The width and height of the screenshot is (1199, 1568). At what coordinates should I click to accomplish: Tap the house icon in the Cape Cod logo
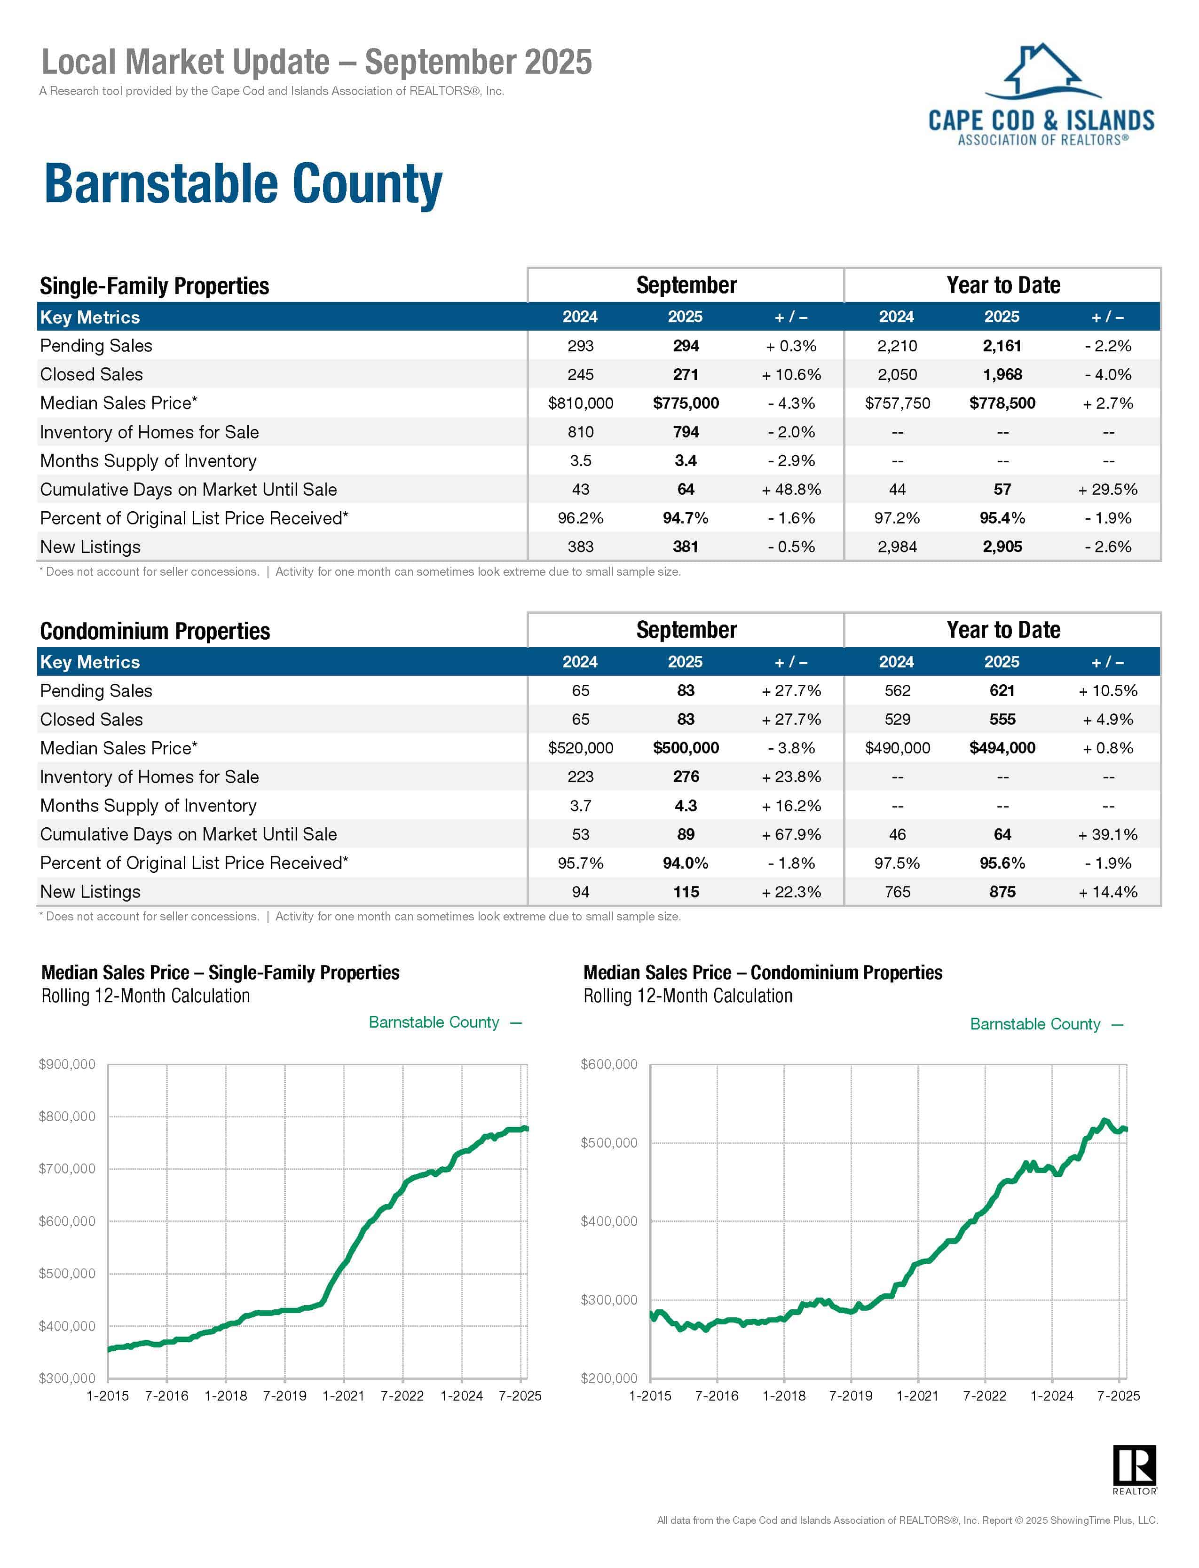pos(1043,70)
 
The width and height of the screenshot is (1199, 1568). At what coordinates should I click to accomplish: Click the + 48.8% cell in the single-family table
pos(791,490)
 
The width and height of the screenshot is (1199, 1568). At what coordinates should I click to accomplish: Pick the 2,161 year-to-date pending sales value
pos(1002,346)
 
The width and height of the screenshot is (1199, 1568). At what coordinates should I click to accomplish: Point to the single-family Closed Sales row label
pos(91,375)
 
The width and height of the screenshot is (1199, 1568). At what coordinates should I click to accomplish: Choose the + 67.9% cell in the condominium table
pos(791,834)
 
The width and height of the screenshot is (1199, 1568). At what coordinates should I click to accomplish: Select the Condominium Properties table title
pos(155,631)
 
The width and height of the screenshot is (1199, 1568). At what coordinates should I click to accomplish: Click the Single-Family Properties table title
pos(154,286)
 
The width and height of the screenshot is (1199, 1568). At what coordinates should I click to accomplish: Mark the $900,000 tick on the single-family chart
pos(67,1064)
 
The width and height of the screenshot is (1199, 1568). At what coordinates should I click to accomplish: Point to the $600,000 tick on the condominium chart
pos(609,1064)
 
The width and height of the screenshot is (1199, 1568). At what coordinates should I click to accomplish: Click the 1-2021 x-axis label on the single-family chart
pos(343,1395)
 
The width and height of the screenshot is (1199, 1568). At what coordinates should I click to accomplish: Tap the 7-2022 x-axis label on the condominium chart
pos(984,1395)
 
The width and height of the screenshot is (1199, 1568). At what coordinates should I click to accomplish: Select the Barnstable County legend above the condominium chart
pos(1035,1024)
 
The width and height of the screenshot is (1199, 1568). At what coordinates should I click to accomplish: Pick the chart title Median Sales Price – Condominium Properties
pos(762,973)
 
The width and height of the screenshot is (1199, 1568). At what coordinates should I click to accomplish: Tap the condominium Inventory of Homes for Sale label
pos(149,777)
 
